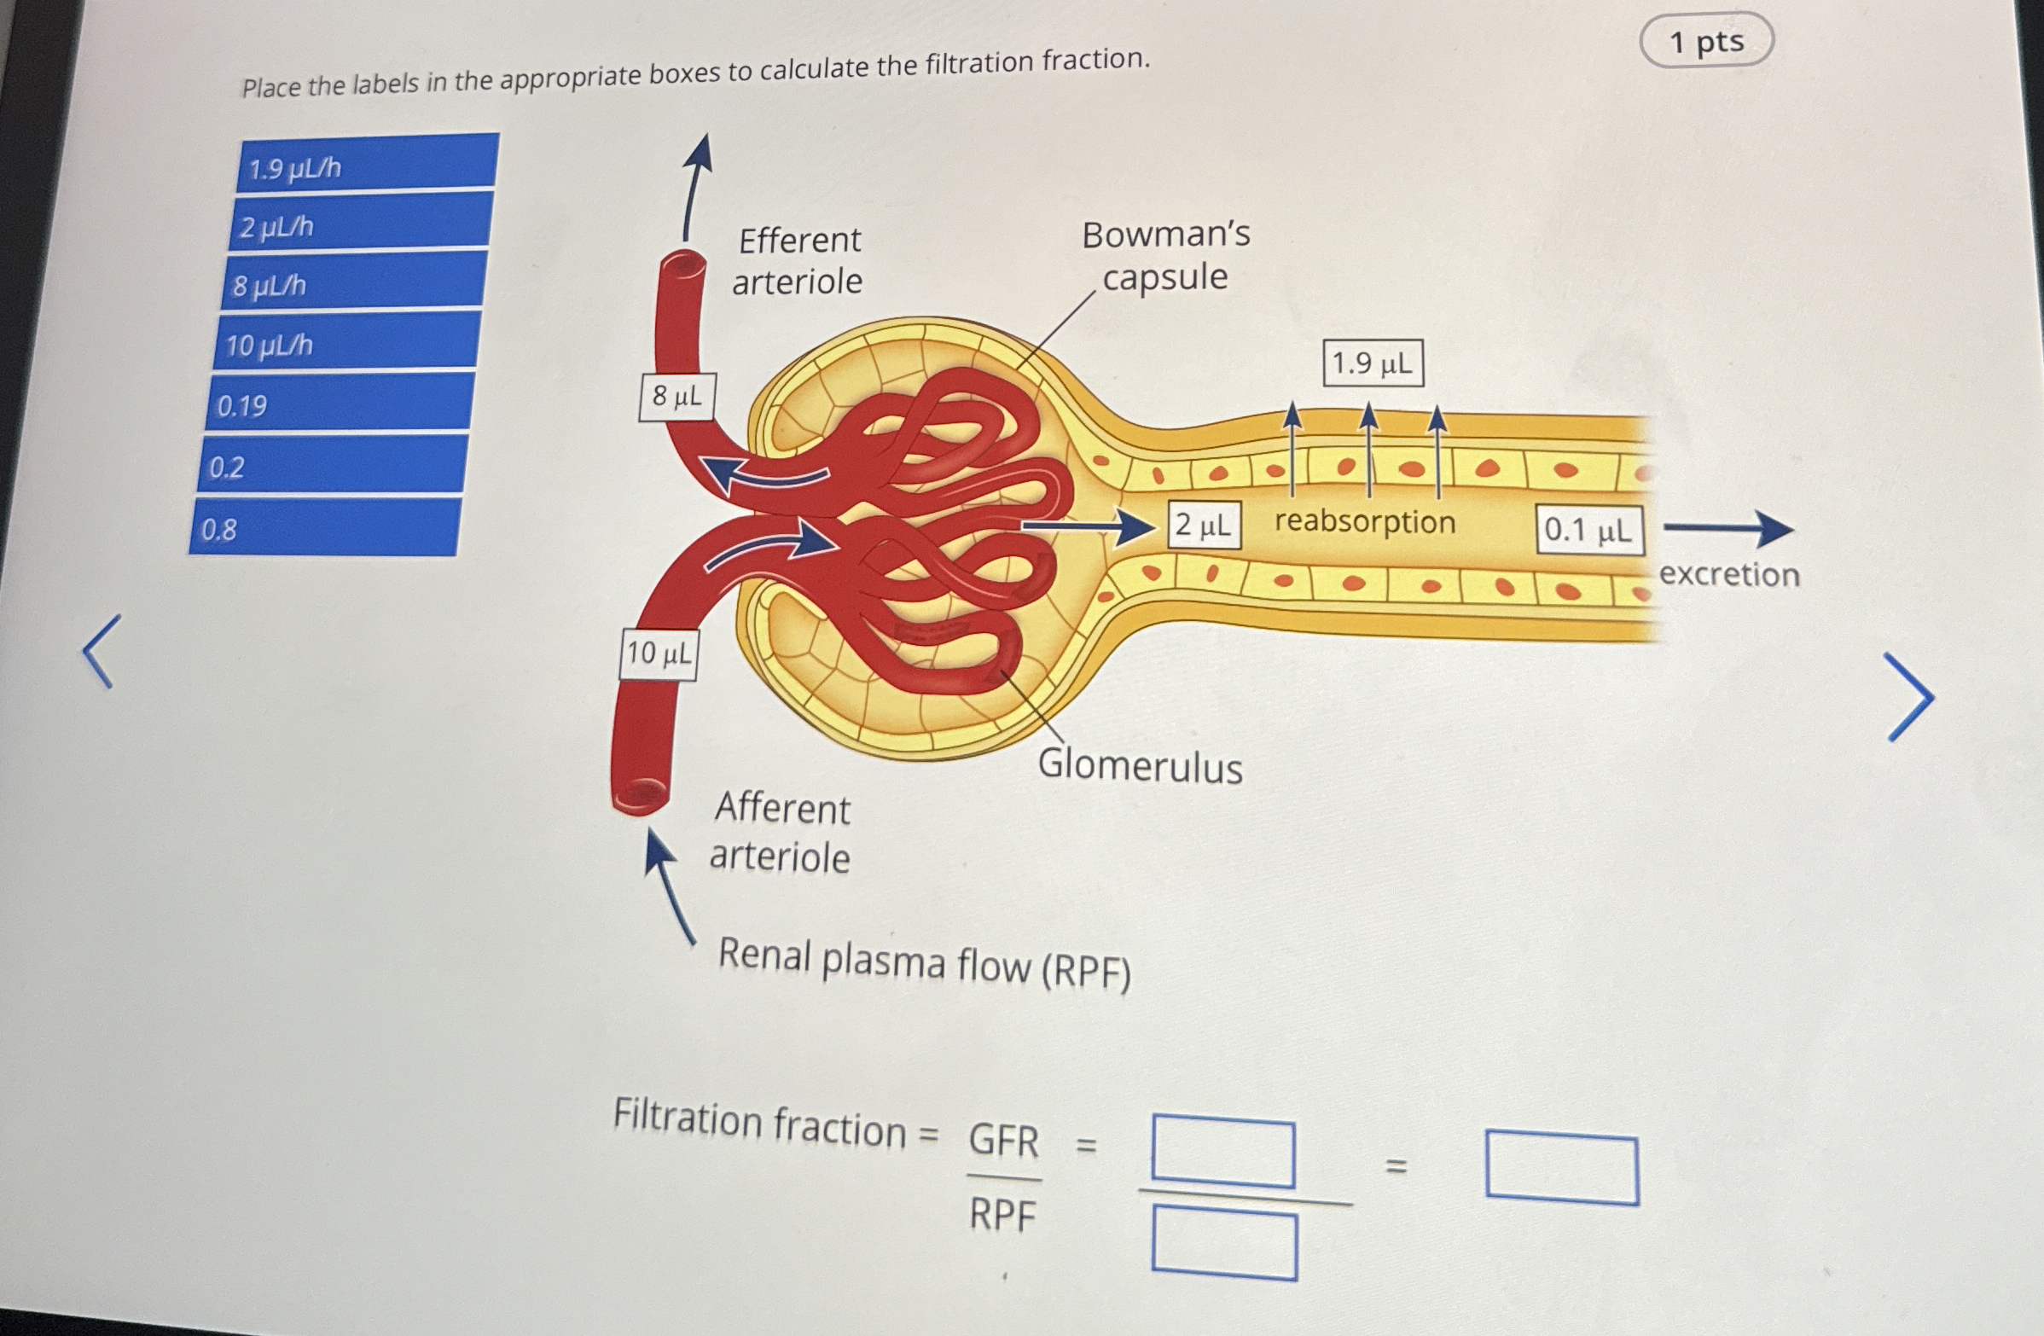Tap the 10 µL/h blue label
(x=346, y=342)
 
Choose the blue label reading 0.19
(x=340, y=403)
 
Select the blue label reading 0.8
(x=324, y=527)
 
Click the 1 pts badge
(x=1705, y=40)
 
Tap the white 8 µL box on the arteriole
(x=676, y=397)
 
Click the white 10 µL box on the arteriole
(x=658, y=654)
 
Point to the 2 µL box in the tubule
(x=1203, y=525)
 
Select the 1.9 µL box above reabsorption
(x=1373, y=363)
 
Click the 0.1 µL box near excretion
(x=1588, y=530)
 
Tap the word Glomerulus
(x=1140, y=765)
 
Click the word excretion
(x=1728, y=574)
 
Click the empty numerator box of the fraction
(x=1223, y=1151)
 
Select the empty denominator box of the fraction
(x=1224, y=1242)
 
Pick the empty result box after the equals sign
(x=1561, y=1169)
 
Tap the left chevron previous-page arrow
(x=102, y=650)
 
